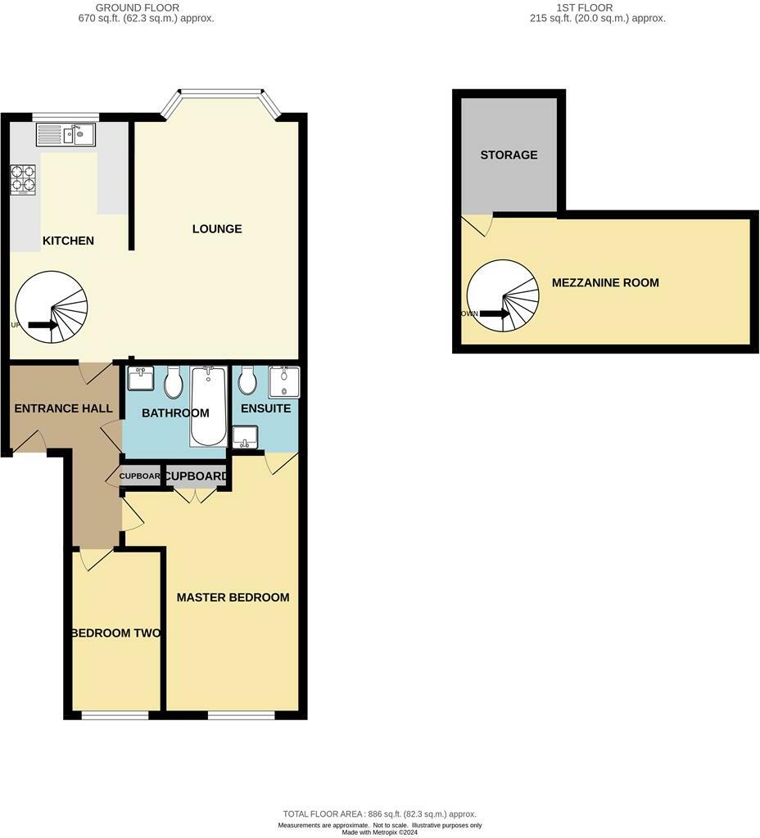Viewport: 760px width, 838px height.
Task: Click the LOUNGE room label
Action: click(217, 228)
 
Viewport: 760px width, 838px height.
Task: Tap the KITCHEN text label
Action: click(68, 241)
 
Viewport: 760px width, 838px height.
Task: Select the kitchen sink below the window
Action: click(66, 134)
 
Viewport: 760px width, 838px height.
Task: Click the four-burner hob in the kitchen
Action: click(23, 180)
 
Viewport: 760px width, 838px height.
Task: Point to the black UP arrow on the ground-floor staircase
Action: click(43, 325)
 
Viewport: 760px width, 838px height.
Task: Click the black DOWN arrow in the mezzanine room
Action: click(494, 313)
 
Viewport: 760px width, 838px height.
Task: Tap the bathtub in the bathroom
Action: click(209, 405)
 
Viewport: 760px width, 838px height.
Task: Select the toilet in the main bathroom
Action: click(174, 382)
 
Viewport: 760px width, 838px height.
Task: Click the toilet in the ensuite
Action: click(248, 381)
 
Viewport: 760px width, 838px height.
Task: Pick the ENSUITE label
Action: click(265, 408)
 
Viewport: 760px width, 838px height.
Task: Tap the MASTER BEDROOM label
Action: click(233, 597)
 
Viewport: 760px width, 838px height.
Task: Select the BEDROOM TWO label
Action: click(115, 633)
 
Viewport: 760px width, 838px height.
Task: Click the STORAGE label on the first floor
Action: click(509, 155)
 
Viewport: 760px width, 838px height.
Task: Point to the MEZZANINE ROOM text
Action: click(604, 282)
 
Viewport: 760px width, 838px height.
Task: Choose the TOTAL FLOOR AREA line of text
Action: click(379, 814)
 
